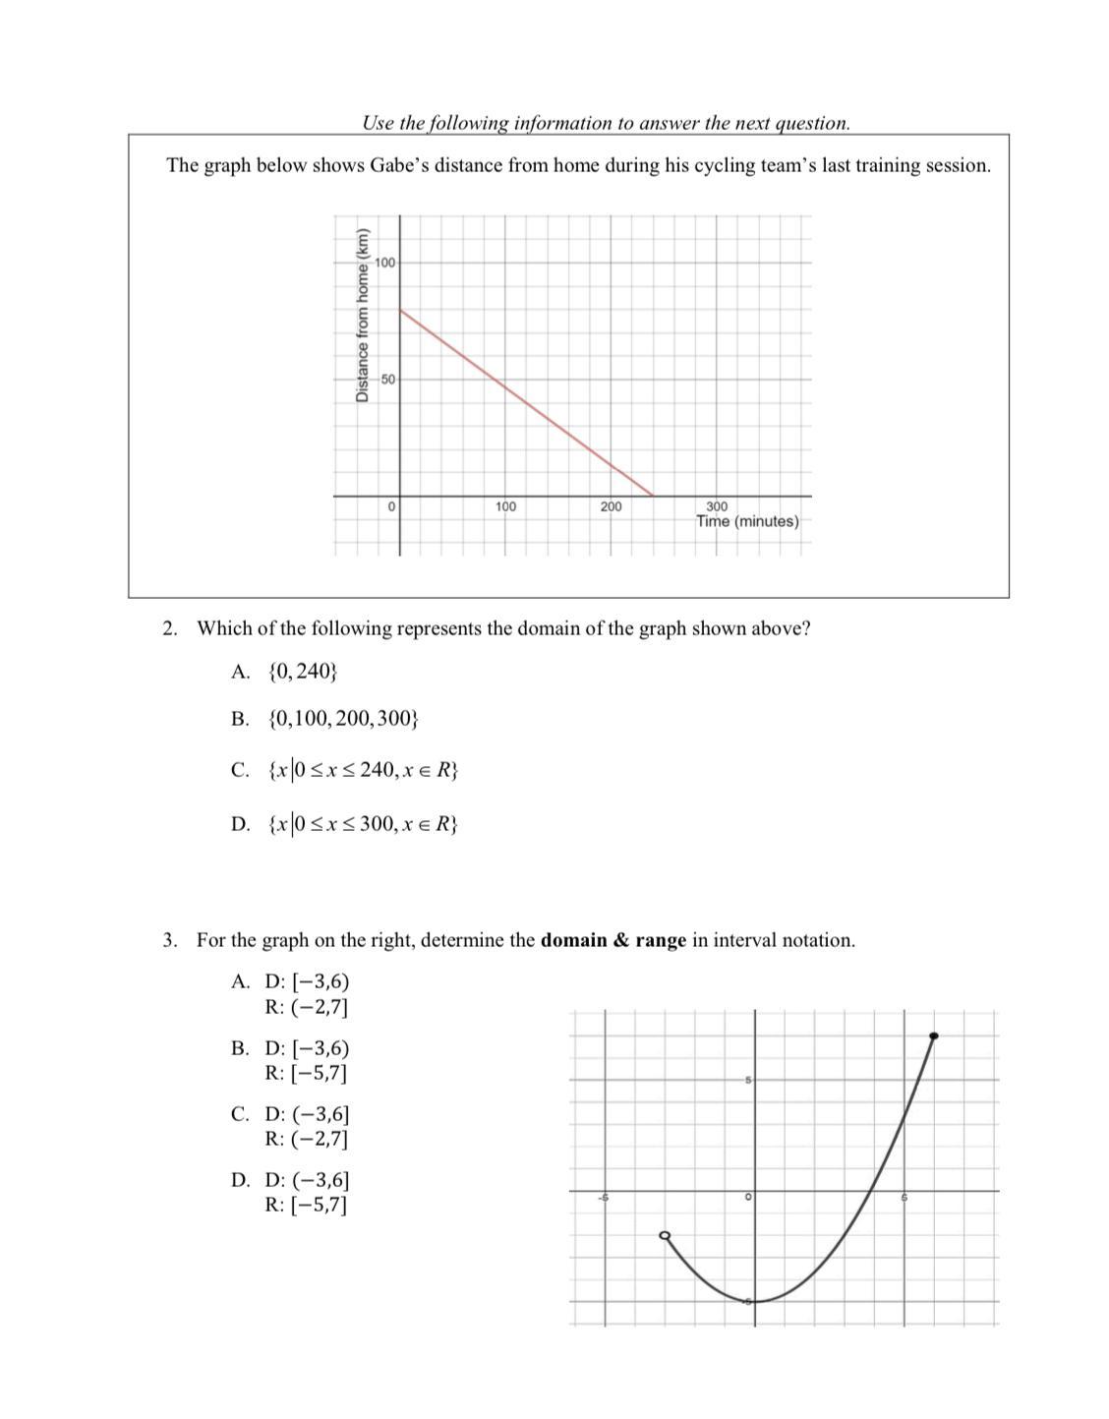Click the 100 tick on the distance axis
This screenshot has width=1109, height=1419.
(x=384, y=263)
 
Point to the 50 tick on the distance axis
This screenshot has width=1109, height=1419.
(x=387, y=379)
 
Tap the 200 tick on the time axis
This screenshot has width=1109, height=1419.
(x=611, y=506)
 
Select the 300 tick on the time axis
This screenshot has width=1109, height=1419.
(x=717, y=505)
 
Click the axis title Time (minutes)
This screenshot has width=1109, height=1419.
(x=747, y=521)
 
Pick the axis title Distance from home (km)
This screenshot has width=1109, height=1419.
(x=362, y=315)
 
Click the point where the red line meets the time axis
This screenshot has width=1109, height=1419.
(x=653, y=496)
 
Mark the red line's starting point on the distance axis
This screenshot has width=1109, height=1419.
(x=400, y=310)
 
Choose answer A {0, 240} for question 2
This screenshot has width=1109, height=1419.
(x=302, y=672)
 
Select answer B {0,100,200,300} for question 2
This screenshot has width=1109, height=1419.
(x=342, y=719)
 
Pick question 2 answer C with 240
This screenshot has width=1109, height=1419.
(x=362, y=770)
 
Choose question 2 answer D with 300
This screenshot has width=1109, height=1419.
(x=362, y=823)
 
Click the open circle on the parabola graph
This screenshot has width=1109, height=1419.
(x=665, y=1235)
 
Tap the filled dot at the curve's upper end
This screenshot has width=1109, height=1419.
(x=934, y=1035)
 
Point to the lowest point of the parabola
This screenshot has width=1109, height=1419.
(x=755, y=1301)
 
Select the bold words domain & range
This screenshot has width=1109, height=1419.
(x=613, y=940)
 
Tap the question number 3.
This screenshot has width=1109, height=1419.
(x=170, y=940)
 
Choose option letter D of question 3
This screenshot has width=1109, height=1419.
(x=240, y=1180)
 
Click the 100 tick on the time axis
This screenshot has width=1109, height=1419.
(x=505, y=506)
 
